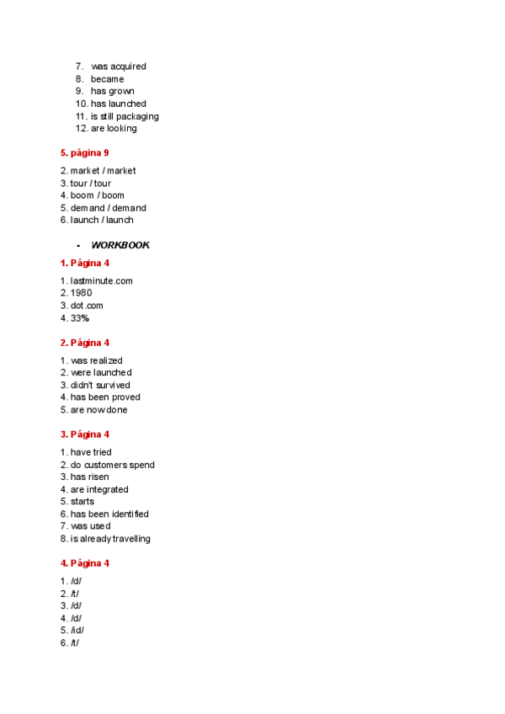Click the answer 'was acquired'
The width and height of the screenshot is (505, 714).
point(118,67)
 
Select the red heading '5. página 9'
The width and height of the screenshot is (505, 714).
point(84,153)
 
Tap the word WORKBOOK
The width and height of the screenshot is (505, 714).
point(120,245)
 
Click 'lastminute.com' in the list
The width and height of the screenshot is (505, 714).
point(101,281)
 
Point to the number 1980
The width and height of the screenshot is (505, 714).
point(81,293)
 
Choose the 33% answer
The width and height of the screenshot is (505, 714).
point(79,318)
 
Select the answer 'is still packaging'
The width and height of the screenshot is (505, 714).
point(125,116)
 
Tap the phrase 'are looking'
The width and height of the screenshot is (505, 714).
point(114,129)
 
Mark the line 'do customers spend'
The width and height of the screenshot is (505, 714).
point(112,465)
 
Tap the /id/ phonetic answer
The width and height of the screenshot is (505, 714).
point(77,631)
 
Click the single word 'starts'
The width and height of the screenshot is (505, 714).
point(82,502)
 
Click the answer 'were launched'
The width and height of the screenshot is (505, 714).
point(101,372)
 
